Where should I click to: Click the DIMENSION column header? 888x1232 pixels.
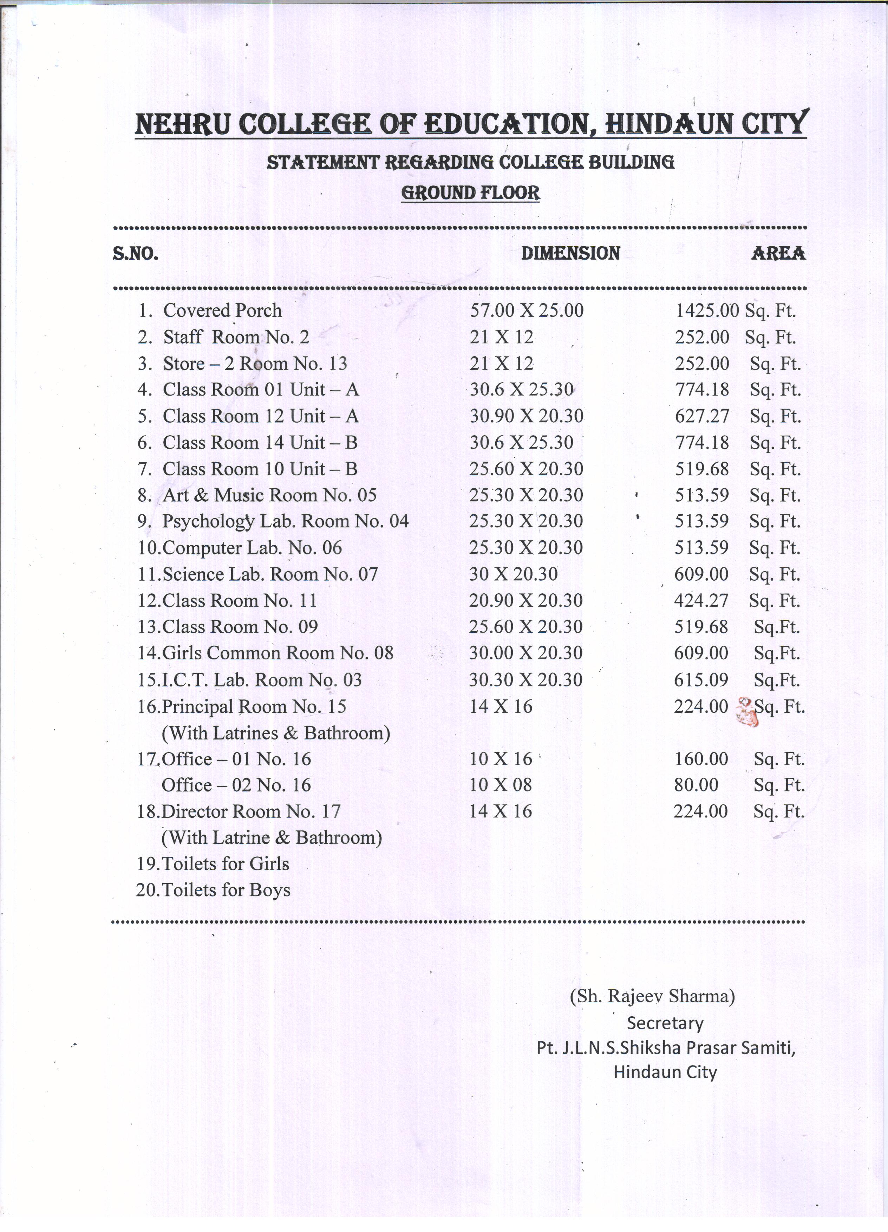[x=570, y=253]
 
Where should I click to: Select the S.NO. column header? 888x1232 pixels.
[x=135, y=254]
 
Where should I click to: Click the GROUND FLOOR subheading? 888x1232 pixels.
[x=470, y=193]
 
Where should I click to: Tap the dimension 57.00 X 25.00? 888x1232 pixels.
[x=526, y=310]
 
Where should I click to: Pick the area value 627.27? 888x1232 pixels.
[x=702, y=416]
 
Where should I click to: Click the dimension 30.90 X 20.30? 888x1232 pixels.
[x=526, y=416]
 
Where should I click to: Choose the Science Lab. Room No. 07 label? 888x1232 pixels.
[x=269, y=574]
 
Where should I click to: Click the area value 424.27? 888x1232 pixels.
[x=701, y=600]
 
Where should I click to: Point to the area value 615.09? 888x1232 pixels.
[x=701, y=679]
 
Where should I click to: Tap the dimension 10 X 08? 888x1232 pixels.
[x=501, y=784]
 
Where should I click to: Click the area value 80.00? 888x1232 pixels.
[x=696, y=784]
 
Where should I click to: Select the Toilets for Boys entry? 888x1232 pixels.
[x=226, y=890]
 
